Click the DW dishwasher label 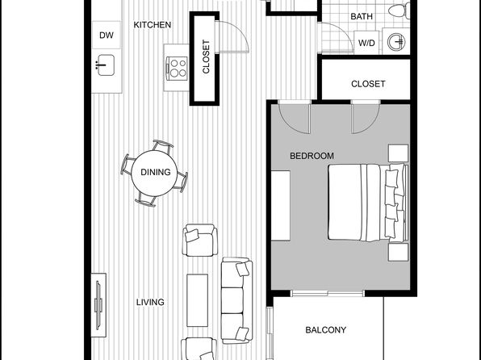[x=107, y=36]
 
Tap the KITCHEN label [x=153, y=25]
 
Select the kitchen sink [x=105, y=65]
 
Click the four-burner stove [x=177, y=69]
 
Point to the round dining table [x=154, y=173]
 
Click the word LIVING [x=150, y=303]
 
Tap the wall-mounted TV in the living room [x=98, y=305]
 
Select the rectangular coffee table [x=197, y=300]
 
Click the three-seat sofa [x=236, y=300]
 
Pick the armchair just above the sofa [x=199, y=240]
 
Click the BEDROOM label [x=312, y=156]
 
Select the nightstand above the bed [x=398, y=153]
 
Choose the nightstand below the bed [x=398, y=252]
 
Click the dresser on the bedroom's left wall [x=281, y=206]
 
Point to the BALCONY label [x=326, y=330]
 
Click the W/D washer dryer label [x=367, y=43]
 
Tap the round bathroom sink [x=396, y=41]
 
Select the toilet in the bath [x=399, y=10]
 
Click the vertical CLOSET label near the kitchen [x=206, y=57]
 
